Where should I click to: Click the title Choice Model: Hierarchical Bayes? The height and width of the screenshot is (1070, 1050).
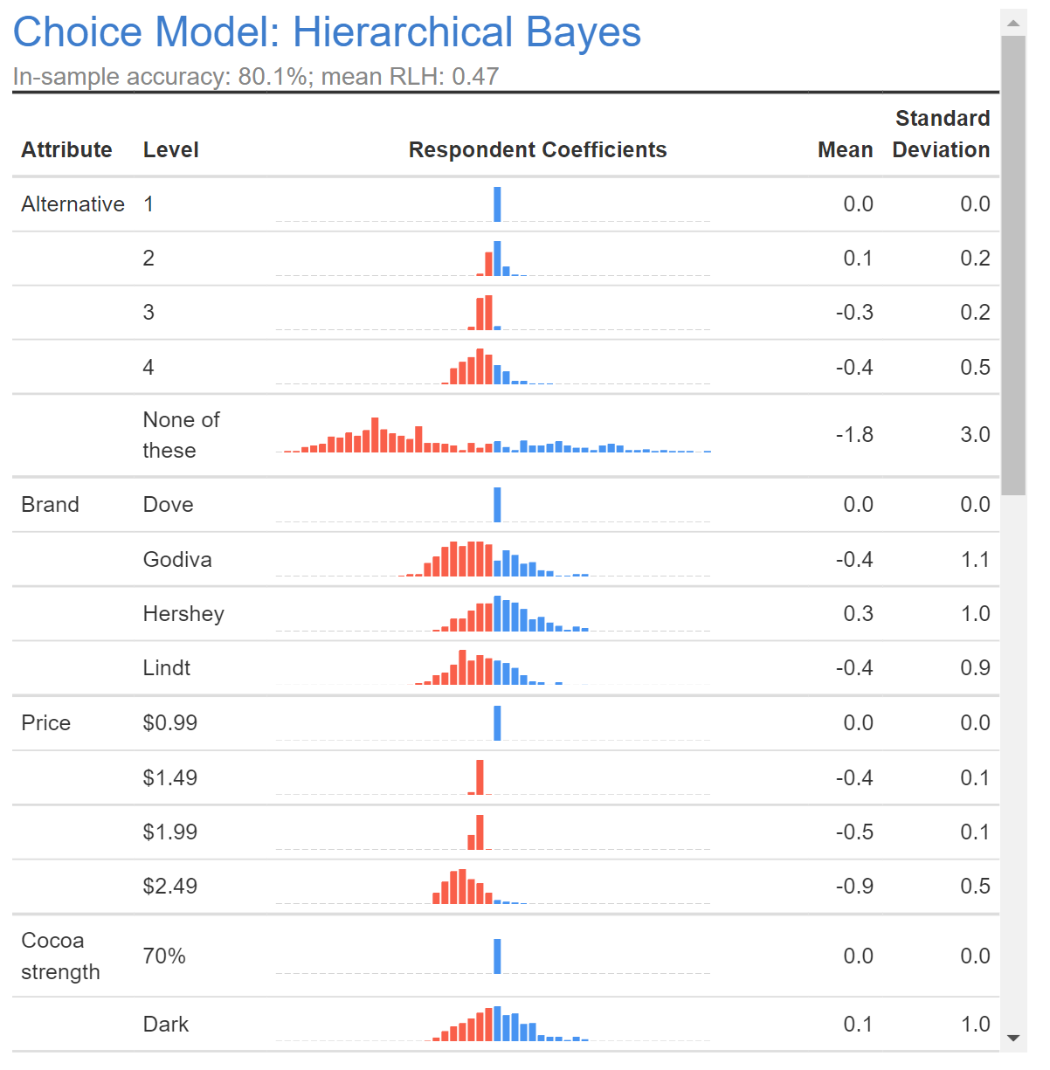coord(327,32)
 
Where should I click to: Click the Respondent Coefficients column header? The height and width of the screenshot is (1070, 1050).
coord(537,150)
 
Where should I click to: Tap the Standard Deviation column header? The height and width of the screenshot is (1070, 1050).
coord(941,135)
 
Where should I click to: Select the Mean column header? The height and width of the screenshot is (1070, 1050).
coord(845,150)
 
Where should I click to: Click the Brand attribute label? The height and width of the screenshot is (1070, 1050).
coord(50,505)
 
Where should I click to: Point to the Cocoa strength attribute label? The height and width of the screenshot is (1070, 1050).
coord(59,956)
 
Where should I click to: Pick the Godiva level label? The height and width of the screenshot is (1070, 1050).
coord(177,560)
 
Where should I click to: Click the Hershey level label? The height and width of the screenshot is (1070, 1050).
coord(183,614)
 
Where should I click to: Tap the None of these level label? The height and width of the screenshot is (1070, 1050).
coord(181,435)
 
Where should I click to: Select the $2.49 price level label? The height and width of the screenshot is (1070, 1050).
coord(170,887)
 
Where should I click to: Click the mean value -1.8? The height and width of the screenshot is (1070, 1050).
coord(854,435)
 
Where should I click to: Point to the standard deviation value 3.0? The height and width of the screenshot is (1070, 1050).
coord(975,435)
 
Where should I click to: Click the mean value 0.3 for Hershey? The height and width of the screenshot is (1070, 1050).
coord(858,614)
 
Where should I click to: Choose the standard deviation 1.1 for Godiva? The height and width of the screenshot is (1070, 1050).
coord(975,560)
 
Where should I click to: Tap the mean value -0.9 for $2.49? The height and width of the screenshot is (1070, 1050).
coord(854,887)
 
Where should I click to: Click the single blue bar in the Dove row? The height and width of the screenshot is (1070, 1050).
coord(497,505)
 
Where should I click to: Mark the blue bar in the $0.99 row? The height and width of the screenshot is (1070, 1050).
coord(497,723)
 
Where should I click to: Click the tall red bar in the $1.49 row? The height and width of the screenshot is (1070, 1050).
coord(480,777)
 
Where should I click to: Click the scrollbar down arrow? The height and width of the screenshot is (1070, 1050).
coord(1013,1038)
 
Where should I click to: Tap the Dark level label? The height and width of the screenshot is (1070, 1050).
coord(166,1025)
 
